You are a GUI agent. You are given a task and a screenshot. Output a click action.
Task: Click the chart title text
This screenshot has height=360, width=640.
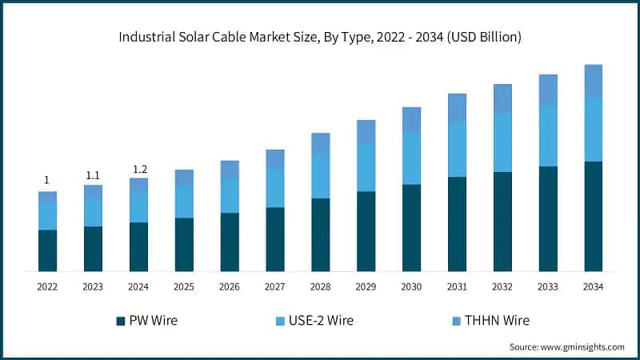pos(320,37)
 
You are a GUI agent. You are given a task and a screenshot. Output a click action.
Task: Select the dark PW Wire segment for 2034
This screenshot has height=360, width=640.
pos(593,216)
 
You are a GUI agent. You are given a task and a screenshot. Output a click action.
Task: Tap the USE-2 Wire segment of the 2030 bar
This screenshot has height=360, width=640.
pos(411,158)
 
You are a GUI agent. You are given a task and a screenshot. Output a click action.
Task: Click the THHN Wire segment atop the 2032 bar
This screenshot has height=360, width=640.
pos(502,98)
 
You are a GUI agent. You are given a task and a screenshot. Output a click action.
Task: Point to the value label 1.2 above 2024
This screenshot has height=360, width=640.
pos(139,170)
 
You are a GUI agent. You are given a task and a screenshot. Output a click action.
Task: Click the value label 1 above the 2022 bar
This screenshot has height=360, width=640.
pos(46,180)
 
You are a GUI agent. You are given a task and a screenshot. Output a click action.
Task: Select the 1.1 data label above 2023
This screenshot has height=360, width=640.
pos(93,175)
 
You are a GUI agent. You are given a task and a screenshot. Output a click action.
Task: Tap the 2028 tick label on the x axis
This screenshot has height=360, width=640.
pos(320,286)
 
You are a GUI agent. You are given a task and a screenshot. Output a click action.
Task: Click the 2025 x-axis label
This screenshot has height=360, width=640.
pos(184,286)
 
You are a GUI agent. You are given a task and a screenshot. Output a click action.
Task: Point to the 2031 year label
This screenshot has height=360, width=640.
pos(457,286)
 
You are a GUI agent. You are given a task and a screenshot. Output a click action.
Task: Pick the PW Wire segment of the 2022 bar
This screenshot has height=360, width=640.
pos(47,250)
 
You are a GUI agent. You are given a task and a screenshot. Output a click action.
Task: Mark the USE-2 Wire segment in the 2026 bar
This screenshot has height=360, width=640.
pos(230,194)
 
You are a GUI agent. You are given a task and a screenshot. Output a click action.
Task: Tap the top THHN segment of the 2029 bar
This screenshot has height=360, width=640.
pos(366,132)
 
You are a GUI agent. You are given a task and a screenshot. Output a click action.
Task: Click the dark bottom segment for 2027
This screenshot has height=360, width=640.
pos(275,239)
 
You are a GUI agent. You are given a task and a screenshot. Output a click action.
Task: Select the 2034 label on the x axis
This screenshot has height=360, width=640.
pos(593,286)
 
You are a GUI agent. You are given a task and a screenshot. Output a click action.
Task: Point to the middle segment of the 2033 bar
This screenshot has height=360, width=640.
pos(547,135)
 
